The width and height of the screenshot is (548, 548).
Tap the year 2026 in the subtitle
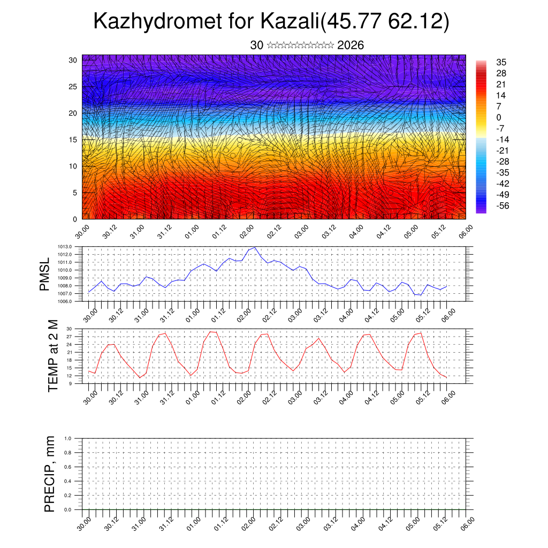coord(351,45)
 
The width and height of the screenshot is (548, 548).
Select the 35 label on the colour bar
coord(501,63)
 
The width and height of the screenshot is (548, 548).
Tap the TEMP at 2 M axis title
coord(52,355)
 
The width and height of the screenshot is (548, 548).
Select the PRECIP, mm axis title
coord(50,474)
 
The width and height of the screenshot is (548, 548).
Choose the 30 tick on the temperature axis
coord(69,329)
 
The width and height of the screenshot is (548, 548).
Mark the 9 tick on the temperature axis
coord(71,383)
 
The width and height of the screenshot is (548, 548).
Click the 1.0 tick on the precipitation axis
coord(67,438)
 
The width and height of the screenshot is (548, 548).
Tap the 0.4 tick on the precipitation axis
coord(67,481)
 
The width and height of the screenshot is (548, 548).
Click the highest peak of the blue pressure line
coord(255,247)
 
